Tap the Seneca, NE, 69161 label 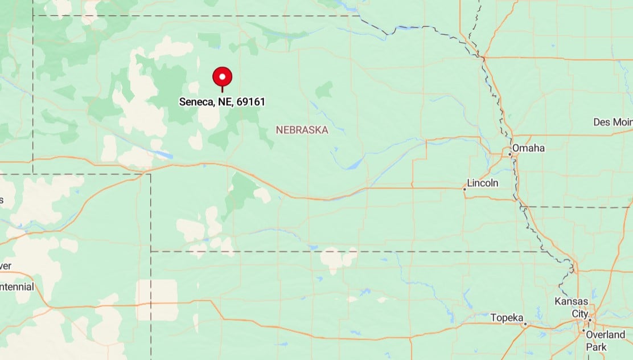222,102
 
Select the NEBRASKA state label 302,130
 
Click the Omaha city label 528,148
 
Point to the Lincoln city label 482,183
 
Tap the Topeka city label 506,317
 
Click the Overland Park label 605,340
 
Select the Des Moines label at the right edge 613,122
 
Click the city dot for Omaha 510,154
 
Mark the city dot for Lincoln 465,189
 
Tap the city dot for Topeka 525,324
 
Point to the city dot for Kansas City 590,320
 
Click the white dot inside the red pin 222,75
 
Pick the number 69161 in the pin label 251,102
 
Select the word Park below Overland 597,347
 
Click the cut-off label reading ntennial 17,287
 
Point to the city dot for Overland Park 583,330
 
